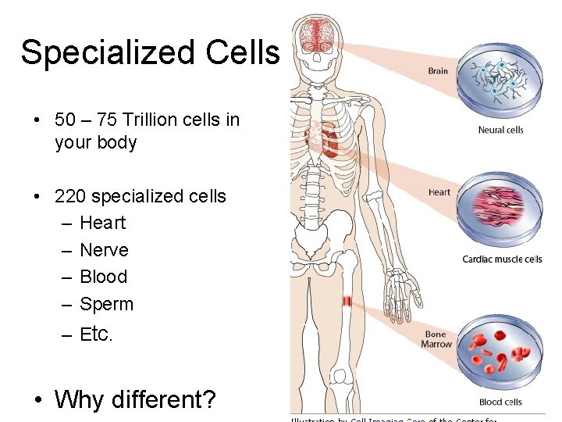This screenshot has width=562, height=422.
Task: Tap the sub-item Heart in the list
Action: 102,223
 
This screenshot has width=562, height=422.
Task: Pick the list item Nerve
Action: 104,250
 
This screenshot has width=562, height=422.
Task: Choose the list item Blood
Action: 103,277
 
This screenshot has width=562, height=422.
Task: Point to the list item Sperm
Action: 106,304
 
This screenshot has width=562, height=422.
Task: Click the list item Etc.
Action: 97,335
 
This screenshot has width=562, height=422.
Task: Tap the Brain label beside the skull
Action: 438,71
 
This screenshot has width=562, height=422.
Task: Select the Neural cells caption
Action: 500,130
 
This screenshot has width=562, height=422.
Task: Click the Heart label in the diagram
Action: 439,192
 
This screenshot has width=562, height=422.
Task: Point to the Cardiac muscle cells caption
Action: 502,259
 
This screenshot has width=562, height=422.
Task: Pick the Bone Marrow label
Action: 436,339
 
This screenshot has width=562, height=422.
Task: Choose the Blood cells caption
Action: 500,402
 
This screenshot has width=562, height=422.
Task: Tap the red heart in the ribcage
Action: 331,141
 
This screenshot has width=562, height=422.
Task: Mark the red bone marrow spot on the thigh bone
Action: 347,302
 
